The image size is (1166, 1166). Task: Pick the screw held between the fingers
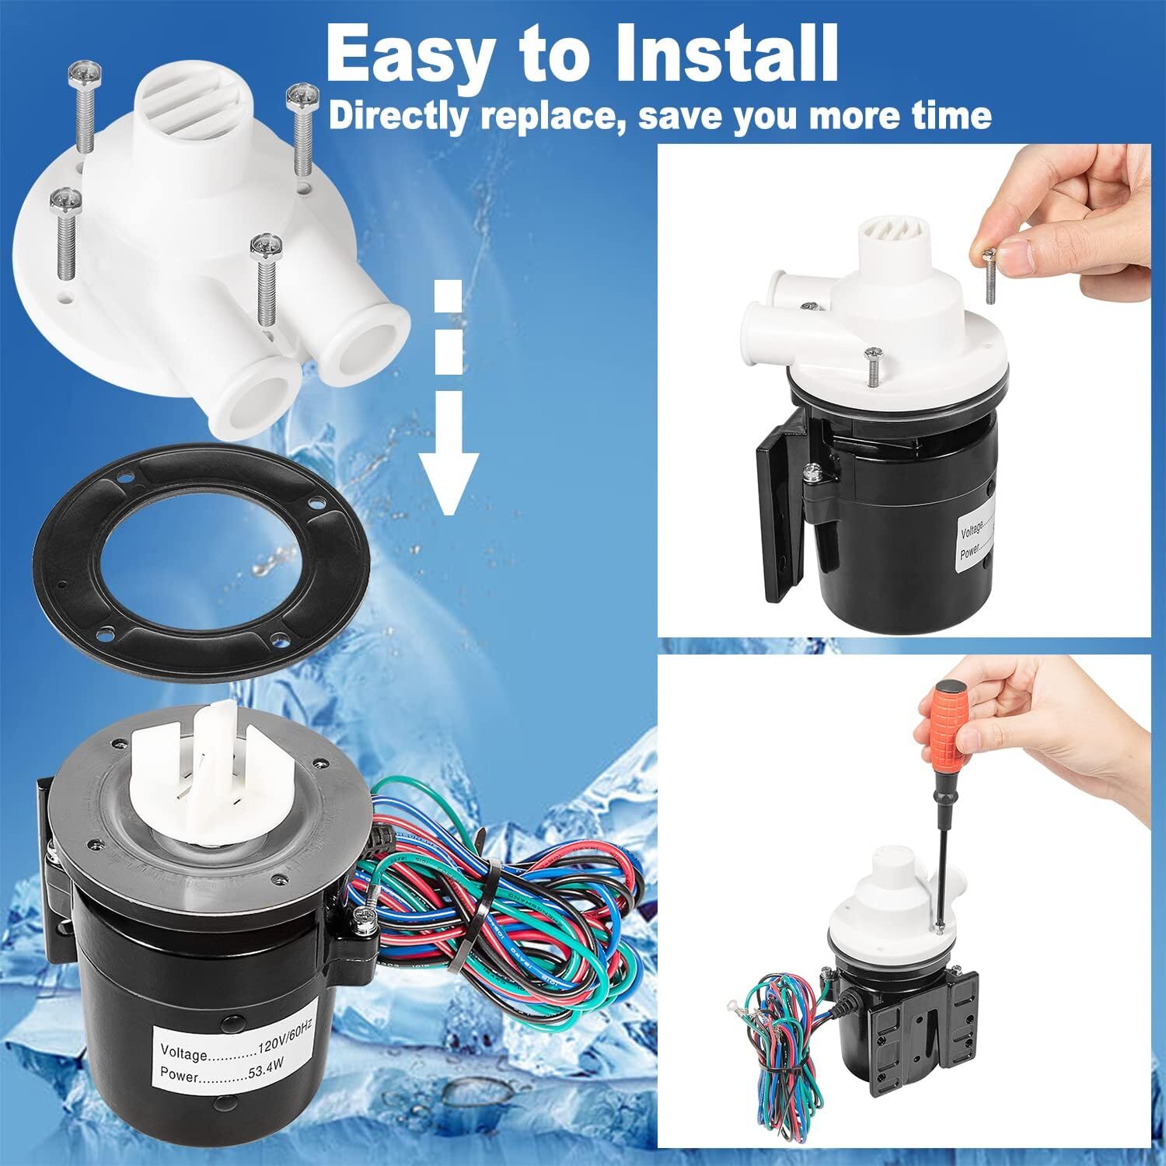pos(990,277)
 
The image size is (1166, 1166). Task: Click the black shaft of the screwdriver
pos(942,855)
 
